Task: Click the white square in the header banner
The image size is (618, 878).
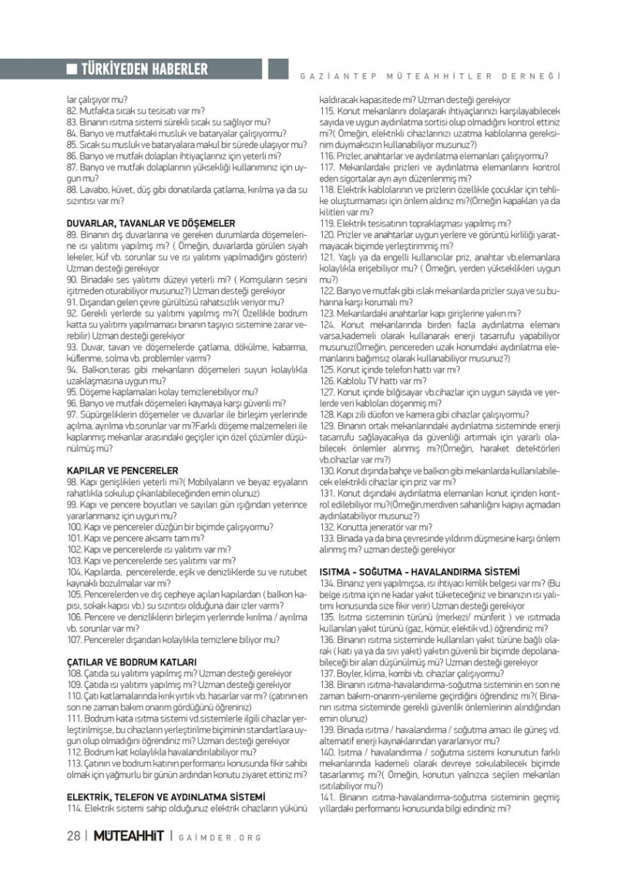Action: tap(72, 70)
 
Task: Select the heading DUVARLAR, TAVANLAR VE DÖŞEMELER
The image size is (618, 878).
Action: tap(151, 223)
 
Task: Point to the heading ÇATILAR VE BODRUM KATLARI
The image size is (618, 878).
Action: tap(132, 662)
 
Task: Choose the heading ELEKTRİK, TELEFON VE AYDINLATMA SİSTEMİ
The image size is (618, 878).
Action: tap(166, 796)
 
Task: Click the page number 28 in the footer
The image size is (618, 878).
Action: tap(73, 837)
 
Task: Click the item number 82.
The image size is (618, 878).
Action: tap(72, 111)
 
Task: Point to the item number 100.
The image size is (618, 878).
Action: tap(75, 527)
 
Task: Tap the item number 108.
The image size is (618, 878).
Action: tap(75, 673)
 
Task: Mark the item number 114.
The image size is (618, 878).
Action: tap(75, 808)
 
